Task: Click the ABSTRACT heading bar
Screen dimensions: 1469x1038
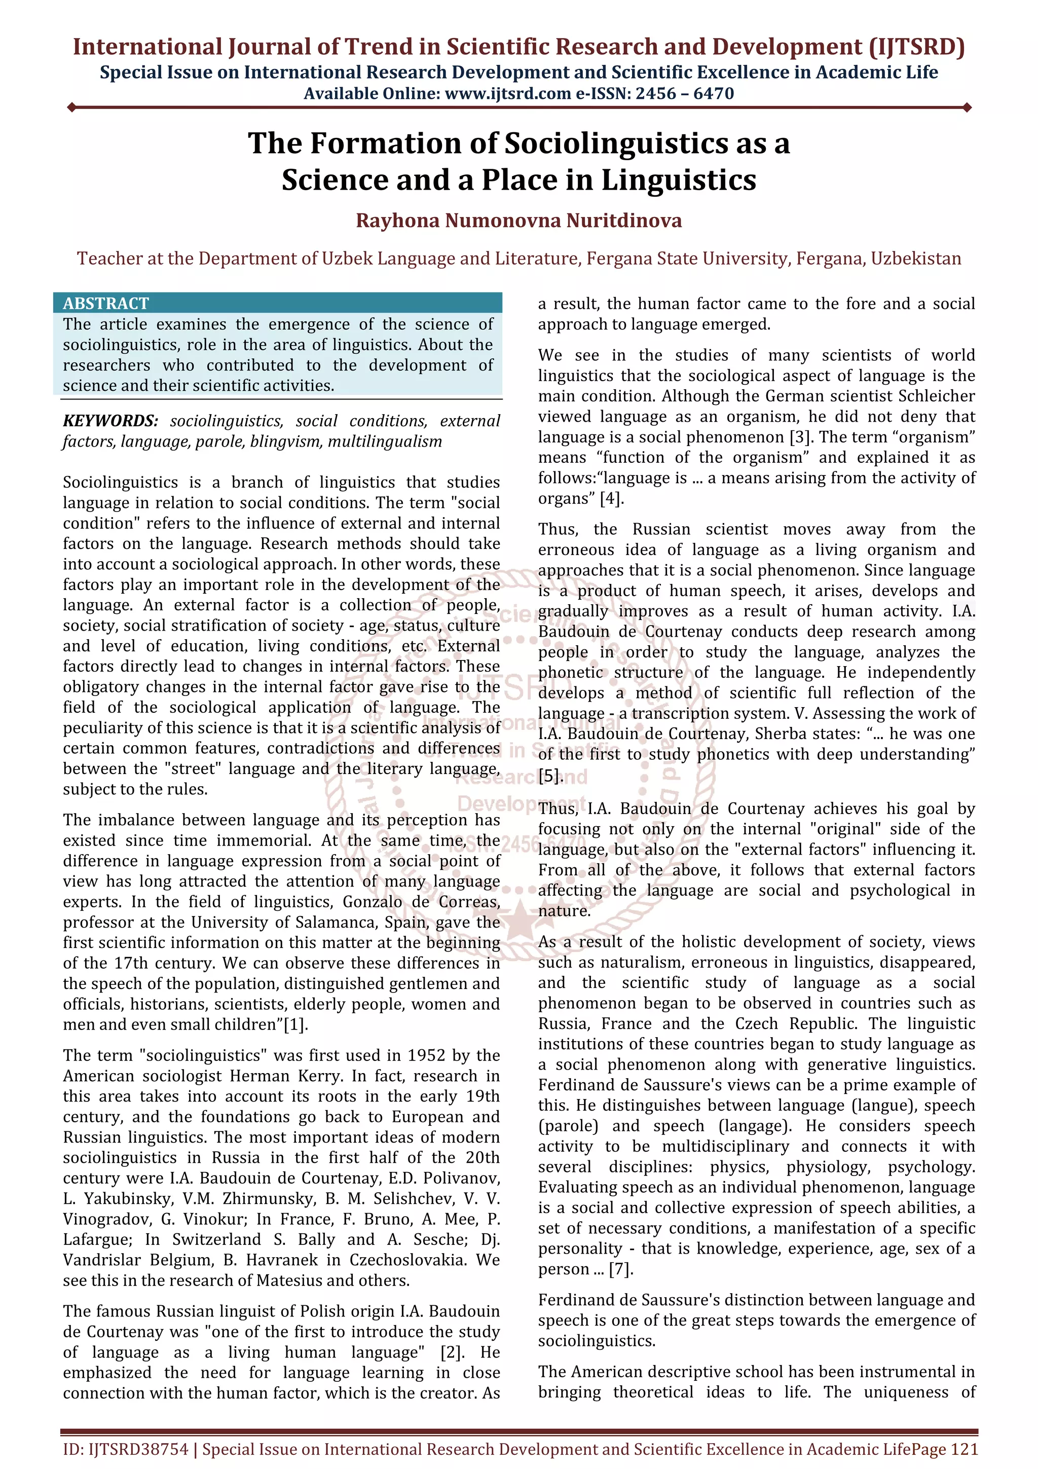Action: (278, 303)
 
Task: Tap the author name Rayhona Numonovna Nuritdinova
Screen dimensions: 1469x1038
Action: (518, 220)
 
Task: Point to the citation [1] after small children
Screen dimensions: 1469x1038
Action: (295, 1024)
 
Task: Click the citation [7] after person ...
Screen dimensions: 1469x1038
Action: (620, 1269)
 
